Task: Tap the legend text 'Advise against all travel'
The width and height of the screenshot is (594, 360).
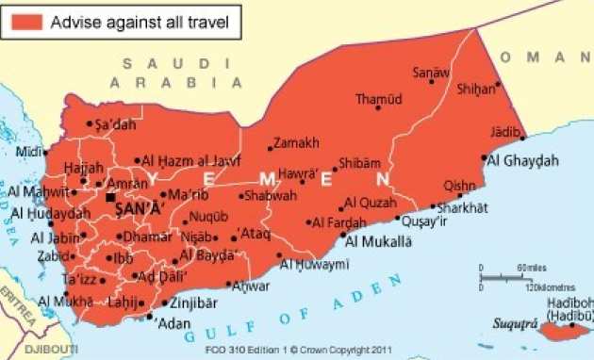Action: (x=140, y=19)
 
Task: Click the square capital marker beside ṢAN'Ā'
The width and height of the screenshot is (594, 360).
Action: (x=111, y=199)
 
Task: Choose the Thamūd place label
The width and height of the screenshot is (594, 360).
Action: (x=378, y=99)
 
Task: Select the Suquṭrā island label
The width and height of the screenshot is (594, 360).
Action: (x=517, y=324)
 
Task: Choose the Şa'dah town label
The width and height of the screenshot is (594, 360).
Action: (x=116, y=123)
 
